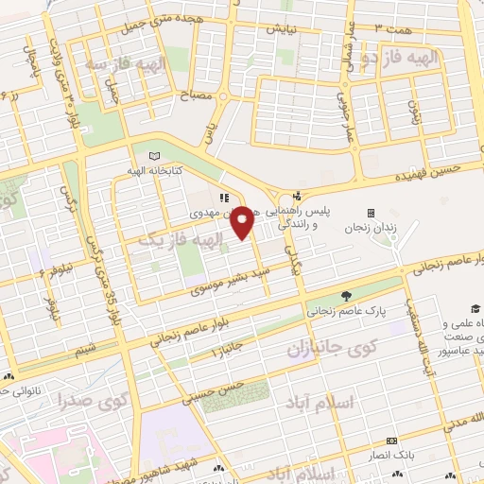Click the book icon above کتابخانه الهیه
154,156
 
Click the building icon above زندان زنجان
371,213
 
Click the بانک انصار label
391,456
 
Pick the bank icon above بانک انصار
391,441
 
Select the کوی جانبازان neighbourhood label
328,350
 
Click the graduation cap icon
474,309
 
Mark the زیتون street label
412,115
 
